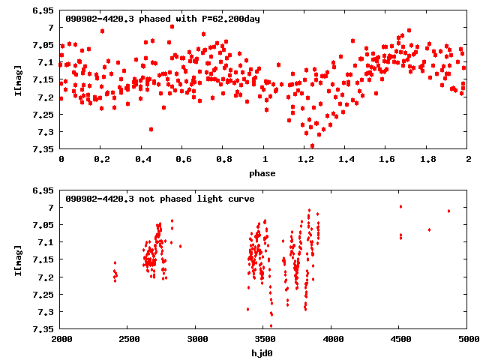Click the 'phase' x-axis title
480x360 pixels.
(x=264, y=173)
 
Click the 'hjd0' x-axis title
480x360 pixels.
(x=264, y=353)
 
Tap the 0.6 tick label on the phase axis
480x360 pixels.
(x=183, y=160)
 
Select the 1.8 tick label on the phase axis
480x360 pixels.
(x=427, y=160)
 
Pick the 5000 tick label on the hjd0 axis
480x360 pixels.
(x=468, y=340)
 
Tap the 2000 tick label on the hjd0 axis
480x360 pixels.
(x=61, y=340)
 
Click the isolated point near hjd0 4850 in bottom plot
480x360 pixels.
(x=448, y=211)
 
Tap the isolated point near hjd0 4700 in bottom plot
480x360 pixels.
(x=429, y=229)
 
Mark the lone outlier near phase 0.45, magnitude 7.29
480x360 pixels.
(x=151, y=129)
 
